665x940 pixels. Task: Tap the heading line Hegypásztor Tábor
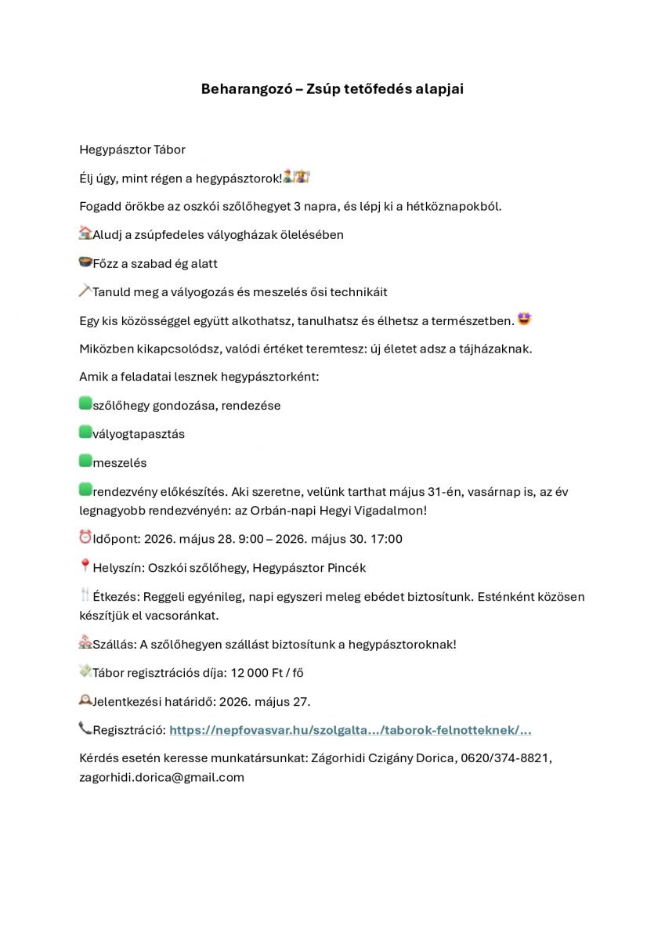132,150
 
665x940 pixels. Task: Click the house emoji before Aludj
85,233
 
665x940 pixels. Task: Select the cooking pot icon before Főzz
85,262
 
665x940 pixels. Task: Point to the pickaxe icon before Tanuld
85,291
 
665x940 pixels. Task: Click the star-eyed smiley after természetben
524,320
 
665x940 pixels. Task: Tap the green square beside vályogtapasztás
85,432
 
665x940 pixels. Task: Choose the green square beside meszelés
85,461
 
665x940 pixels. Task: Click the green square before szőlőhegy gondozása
85,403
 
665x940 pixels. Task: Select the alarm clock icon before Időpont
85,537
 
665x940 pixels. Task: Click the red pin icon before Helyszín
85,566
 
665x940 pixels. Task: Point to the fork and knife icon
85,595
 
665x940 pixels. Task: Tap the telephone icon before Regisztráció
85,728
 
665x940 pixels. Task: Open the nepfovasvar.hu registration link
350,730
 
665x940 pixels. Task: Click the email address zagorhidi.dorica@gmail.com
161,777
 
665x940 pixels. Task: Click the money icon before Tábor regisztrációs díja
85,671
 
